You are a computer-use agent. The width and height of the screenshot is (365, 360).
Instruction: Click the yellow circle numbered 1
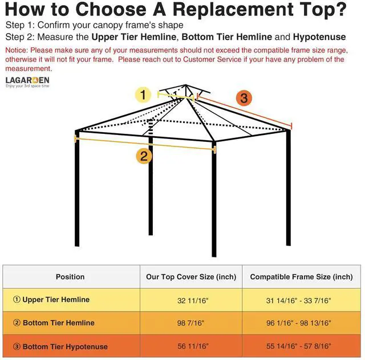pyautogui.click(x=143, y=95)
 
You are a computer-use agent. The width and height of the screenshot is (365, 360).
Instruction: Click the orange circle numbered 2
pyautogui.click(x=144, y=156)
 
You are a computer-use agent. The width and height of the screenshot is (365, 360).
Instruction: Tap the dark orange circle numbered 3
pyautogui.click(x=244, y=98)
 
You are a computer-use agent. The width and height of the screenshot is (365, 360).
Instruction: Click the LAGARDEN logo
pyautogui.click(x=27, y=82)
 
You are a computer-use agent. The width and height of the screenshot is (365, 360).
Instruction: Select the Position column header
pyautogui.click(x=70, y=277)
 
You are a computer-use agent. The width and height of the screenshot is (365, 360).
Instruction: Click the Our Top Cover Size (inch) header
pyautogui.click(x=191, y=277)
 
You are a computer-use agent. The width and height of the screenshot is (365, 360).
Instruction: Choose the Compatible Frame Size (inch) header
pyautogui.click(x=301, y=277)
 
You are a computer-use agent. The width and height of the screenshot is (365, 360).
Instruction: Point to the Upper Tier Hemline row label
pyautogui.click(x=51, y=300)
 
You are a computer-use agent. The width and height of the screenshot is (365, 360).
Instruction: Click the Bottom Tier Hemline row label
pyautogui.click(x=54, y=323)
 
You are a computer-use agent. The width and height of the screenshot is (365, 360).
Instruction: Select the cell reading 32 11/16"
pyautogui.click(x=191, y=300)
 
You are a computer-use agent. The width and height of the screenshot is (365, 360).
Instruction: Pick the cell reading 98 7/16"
pyautogui.click(x=191, y=323)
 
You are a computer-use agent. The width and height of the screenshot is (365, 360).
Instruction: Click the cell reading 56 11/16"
pyautogui.click(x=191, y=346)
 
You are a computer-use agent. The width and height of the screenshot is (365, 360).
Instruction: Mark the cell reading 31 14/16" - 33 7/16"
pyautogui.click(x=301, y=300)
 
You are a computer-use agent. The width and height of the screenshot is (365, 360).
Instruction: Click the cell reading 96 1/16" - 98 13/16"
pyautogui.click(x=301, y=323)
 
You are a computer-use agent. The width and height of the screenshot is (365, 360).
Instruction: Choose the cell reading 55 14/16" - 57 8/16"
pyautogui.click(x=301, y=346)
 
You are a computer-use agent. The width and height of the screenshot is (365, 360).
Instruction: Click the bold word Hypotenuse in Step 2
pyautogui.click(x=318, y=37)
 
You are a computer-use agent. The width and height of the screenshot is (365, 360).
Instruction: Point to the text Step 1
pyautogui.click(x=19, y=26)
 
